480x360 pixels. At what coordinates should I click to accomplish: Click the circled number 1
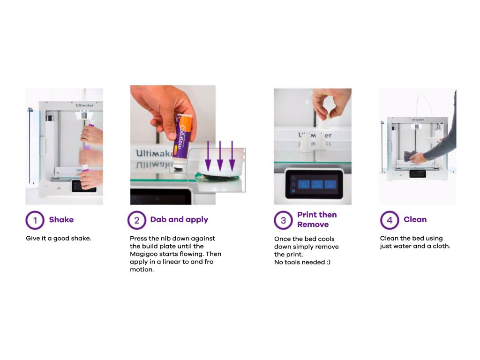pos(35,220)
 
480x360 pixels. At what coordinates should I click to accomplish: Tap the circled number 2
pos(136,220)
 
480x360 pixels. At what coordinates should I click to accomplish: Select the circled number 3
pos(283,220)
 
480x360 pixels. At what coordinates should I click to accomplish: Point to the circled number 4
pos(390,220)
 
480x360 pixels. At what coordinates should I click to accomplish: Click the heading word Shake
pos(61,219)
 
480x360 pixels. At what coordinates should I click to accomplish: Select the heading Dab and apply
pos(179,219)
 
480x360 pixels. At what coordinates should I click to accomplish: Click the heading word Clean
pos(415,219)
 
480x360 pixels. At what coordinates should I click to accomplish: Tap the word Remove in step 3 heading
pos(313,225)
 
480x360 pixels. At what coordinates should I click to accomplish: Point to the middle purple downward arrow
pos(220,156)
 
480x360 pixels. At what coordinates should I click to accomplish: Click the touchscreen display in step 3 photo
pos(314,184)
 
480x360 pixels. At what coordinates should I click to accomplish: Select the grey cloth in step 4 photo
pos(410,156)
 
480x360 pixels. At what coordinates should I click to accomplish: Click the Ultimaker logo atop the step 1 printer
pos(84,105)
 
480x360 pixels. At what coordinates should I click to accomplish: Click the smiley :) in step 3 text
pos(329,262)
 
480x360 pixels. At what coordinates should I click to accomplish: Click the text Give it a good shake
pos(59,239)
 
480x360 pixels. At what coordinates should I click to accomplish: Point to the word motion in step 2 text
pos(142,270)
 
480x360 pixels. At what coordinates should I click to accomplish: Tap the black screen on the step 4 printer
pos(418,173)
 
